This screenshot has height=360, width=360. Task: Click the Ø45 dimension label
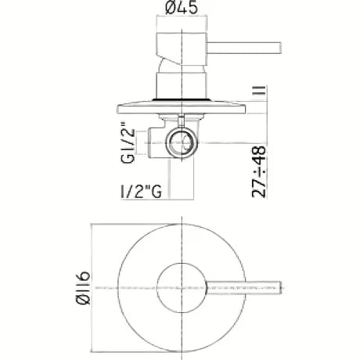pos(182,7)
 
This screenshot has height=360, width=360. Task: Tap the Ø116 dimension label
pos(84,288)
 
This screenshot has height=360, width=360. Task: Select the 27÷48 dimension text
pos(259,171)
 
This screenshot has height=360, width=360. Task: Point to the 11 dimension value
pos(259,90)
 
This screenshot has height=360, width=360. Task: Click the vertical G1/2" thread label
pos(128,142)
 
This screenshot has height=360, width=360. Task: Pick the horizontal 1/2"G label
pos(141,192)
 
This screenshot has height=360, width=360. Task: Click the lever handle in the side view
pos(244,48)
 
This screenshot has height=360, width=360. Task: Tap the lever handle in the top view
pos(244,288)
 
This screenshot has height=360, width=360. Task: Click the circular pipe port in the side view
pos(181,142)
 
